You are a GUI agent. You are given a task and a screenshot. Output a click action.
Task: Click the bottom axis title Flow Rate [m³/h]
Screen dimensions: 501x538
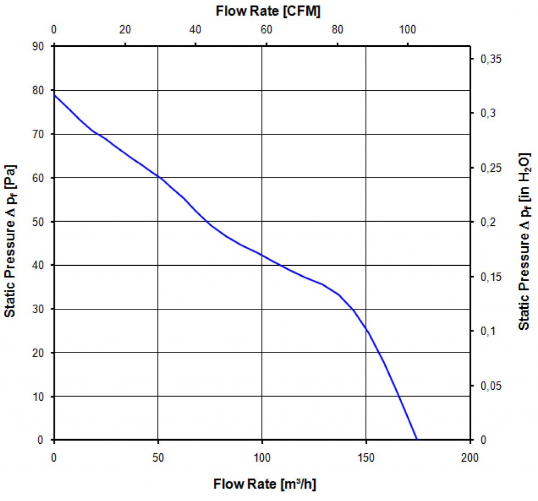(264, 484)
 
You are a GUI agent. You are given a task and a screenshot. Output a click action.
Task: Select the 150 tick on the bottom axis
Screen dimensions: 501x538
(366, 457)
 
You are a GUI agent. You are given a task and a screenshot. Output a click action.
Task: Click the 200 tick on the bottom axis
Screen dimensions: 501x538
(470, 457)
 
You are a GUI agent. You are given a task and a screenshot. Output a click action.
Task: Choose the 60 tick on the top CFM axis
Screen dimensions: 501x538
(266, 29)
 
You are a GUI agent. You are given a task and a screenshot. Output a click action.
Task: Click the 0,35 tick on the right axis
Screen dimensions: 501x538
(492, 60)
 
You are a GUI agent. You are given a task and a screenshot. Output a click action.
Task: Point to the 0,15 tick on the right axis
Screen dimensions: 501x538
(492, 277)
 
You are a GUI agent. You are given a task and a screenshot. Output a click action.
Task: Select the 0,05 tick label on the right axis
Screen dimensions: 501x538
(492, 386)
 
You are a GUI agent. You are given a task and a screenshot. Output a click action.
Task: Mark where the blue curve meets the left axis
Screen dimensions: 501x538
(54, 95)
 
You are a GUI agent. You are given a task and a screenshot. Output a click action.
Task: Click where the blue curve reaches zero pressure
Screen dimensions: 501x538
(417, 440)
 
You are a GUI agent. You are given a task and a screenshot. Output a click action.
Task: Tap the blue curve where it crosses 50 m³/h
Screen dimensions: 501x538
(158, 177)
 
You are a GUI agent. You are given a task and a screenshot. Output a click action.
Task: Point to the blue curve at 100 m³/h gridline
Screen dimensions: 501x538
(262, 255)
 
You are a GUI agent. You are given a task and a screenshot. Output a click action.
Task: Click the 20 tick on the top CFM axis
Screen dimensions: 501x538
(125, 29)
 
